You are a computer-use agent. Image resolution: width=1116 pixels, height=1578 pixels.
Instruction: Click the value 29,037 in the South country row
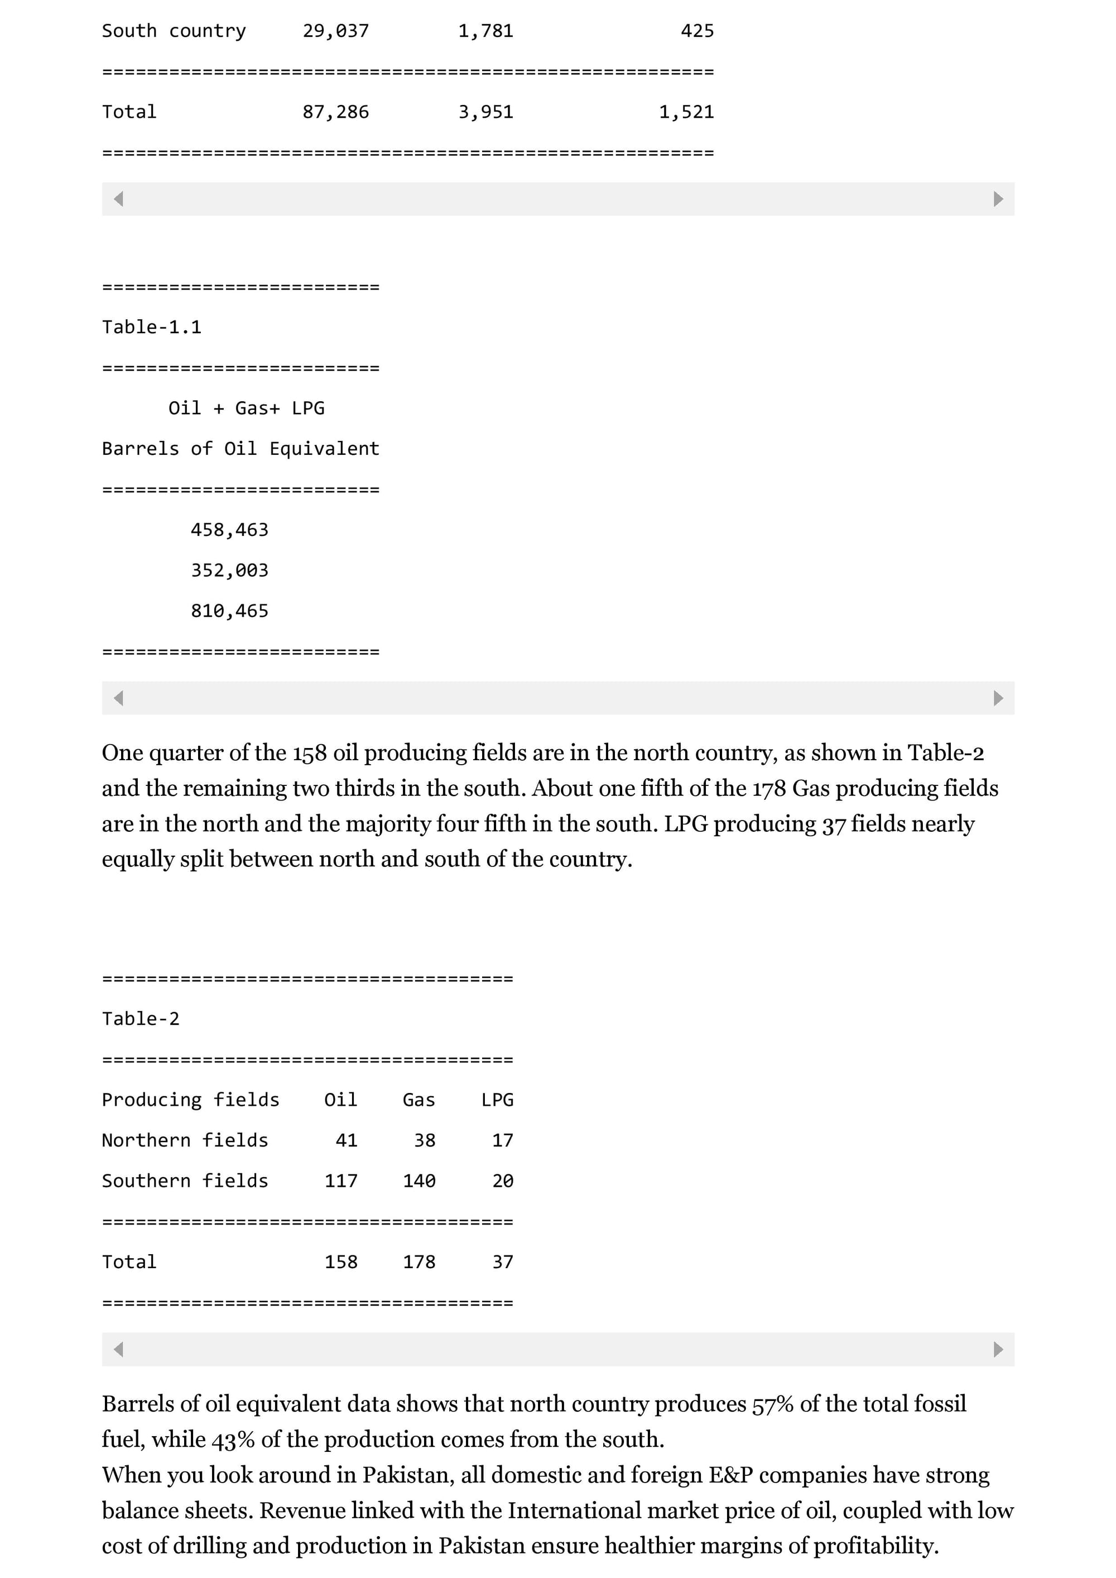(x=335, y=31)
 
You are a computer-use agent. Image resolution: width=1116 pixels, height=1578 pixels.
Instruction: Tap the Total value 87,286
(x=335, y=112)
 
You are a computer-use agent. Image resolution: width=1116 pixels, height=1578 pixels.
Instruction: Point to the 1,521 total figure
(x=686, y=112)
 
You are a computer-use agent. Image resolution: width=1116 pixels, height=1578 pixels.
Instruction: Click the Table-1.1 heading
(x=152, y=327)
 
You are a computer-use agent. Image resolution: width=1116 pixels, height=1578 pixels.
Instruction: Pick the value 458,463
(x=229, y=530)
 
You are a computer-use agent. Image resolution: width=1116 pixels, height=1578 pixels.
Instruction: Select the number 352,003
(x=229, y=570)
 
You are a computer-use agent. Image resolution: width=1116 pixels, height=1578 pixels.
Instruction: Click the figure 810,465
(x=229, y=611)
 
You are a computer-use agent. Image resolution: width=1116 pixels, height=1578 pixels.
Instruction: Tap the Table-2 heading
(x=141, y=1019)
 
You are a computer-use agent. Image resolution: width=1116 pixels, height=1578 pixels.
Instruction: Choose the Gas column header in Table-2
(x=419, y=1100)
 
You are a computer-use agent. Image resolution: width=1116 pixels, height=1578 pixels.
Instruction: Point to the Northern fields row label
(x=185, y=1140)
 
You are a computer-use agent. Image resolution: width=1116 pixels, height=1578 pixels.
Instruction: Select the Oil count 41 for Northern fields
(x=347, y=1140)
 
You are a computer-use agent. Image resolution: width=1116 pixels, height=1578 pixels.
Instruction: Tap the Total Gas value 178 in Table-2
(x=419, y=1262)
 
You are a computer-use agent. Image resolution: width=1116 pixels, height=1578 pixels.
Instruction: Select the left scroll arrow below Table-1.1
(x=119, y=698)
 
